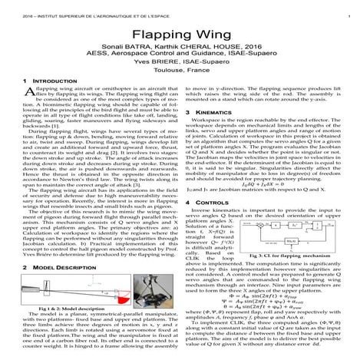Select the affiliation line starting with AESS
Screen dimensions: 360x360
point(180,64)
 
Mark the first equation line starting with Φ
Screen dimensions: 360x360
point(264,297)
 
